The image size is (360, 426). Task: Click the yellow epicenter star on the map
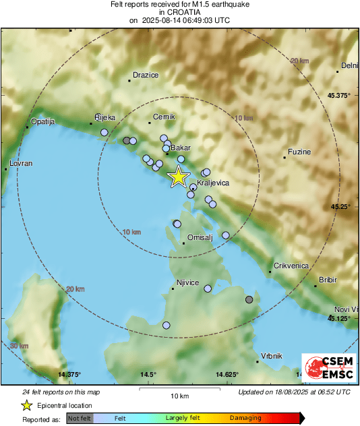click(178, 177)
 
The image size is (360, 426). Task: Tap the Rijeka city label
click(104, 117)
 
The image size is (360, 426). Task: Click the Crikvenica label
click(291, 266)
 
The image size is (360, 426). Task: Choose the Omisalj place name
click(200, 237)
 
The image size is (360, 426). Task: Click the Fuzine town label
click(299, 152)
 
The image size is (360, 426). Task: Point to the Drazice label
click(146, 75)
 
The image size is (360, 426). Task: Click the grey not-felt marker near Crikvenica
click(249, 299)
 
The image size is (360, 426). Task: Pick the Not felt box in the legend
click(80, 419)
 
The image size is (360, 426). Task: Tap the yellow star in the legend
click(26, 405)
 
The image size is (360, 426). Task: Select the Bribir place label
click(328, 278)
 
